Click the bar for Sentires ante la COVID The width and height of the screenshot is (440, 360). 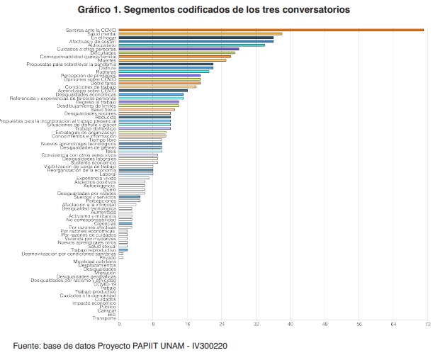click(x=269, y=30)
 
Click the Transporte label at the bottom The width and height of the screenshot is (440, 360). click(x=104, y=317)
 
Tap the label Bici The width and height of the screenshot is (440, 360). click(x=112, y=314)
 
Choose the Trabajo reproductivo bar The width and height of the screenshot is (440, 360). click(x=123, y=250)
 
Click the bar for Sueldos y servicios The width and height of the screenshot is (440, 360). click(x=129, y=197)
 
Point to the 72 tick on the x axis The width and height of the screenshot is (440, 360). click(x=428, y=324)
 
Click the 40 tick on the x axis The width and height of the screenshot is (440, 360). click(x=290, y=324)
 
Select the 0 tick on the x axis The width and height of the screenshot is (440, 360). click(x=119, y=324)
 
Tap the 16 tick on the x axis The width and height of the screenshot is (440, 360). click(x=188, y=324)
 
